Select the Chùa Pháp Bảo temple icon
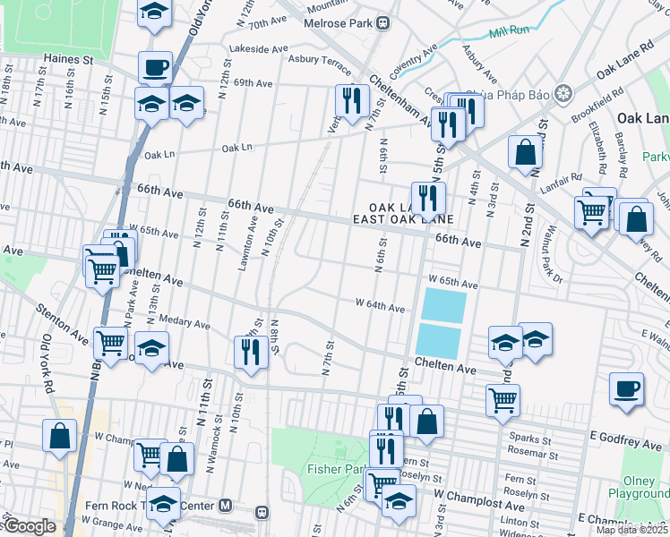click(x=563, y=92)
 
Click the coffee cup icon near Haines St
click(x=155, y=67)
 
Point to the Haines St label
click(x=69, y=60)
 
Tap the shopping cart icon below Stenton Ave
click(x=112, y=342)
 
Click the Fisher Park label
click(x=331, y=468)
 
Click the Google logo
click(x=29, y=527)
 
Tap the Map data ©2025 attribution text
click(x=631, y=530)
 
